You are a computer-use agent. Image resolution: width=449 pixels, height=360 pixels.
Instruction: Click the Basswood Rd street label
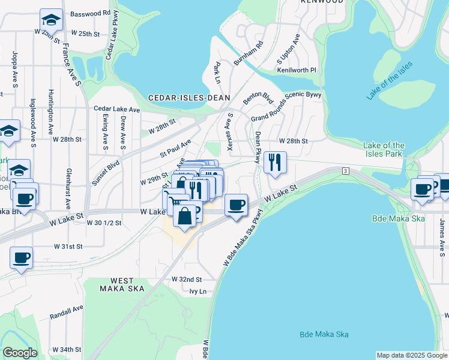pyautogui.click(x=90, y=13)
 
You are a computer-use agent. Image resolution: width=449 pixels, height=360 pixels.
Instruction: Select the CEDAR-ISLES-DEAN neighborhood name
pyautogui.click(x=182, y=97)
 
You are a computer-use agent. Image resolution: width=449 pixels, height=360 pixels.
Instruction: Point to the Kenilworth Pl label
pyautogui.click(x=296, y=70)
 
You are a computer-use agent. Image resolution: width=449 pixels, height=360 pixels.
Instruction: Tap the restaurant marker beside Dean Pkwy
pyautogui.click(x=275, y=162)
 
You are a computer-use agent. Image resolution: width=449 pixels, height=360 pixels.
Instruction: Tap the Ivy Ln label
pyautogui.click(x=197, y=292)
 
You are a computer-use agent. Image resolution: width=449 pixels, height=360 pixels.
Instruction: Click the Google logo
pyautogui.click(x=20, y=353)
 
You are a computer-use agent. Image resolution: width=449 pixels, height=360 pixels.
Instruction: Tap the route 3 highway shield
pyautogui.click(x=346, y=172)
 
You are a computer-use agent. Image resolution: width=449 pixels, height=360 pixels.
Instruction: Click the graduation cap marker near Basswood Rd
pyautogui.click(x=52, y=21)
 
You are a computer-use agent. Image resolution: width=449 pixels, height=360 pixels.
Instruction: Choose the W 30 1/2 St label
pyautogui.click(x=104, y=223)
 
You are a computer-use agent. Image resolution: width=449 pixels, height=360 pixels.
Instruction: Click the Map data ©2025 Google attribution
pyautogui.click(x=411, y=355)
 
